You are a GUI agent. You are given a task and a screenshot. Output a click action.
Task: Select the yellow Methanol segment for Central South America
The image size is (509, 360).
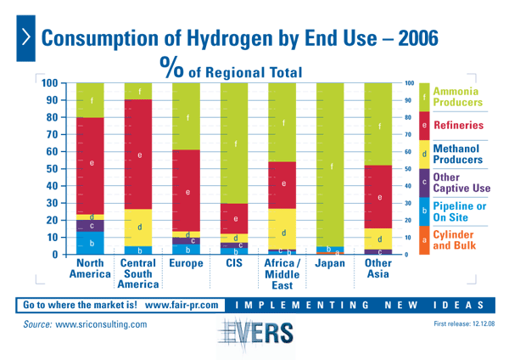click(x=138, y=228)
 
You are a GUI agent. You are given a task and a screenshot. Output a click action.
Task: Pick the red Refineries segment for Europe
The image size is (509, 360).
click(x=187, y=191)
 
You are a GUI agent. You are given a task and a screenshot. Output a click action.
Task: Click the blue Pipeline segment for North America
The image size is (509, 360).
click(x=90, y=243)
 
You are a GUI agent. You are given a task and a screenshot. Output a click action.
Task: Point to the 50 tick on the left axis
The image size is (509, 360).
click(x=49, y=169)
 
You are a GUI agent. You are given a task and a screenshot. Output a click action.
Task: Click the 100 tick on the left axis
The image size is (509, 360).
click(x=48, y=83)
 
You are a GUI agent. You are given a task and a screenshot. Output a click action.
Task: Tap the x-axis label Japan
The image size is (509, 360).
click(x=329, y=263)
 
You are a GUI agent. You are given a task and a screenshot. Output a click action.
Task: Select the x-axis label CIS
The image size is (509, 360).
click(x=234, y=263)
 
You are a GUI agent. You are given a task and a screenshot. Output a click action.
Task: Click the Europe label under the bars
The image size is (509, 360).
click(x=187, y=263)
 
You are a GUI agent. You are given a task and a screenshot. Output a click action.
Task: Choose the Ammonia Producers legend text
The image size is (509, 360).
click(x=458, y=96)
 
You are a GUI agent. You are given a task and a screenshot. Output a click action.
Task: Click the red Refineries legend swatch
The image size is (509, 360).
click(x=424, y=125)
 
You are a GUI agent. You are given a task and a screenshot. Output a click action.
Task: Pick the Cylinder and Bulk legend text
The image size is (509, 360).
click(x=456, y=240)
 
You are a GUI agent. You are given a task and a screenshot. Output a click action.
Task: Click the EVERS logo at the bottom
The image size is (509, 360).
click(x=254, y=332)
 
